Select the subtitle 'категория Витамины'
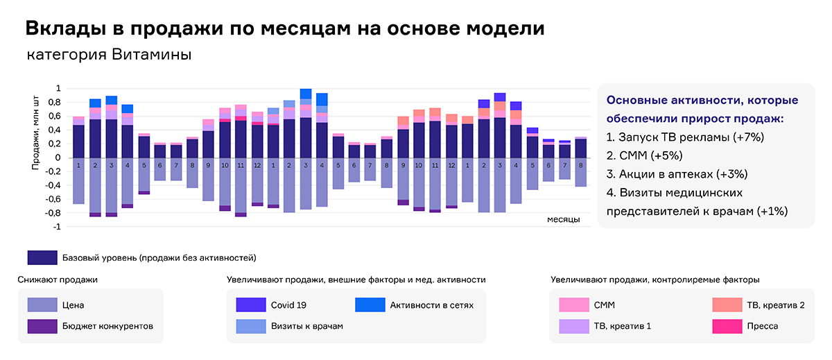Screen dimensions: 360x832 tap(109, 54)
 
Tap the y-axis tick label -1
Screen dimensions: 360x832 tap(58, 227)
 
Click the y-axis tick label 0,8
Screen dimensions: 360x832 tap(55, 102)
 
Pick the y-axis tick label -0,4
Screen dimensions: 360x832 tap(53, 185)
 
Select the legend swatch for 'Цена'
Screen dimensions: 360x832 tap(42, 305)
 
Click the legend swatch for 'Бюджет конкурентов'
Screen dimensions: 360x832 tap(42, 325)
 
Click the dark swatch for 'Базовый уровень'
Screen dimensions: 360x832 tap(42, 257)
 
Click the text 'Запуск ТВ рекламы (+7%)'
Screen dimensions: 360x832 tap(685, 137)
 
